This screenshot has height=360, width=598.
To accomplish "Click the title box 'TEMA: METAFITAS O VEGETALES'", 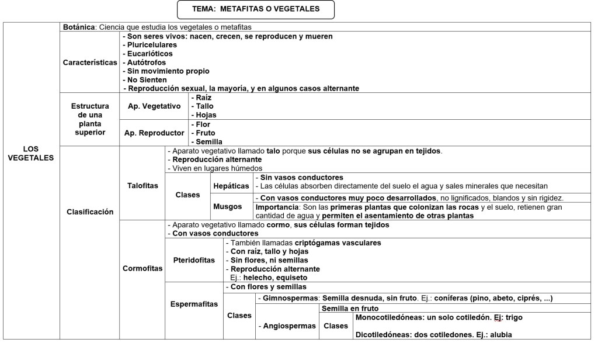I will click(256, 10).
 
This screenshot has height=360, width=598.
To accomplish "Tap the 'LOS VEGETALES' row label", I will click(31, 153).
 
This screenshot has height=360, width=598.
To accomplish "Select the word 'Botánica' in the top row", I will click(79, 27).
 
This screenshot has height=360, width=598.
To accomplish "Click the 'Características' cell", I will click(90, 63).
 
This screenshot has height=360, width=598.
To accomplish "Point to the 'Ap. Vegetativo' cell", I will click(154, 106).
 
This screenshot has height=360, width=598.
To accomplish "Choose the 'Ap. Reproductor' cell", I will click(154, 133).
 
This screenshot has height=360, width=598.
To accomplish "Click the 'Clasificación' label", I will click(90, 212).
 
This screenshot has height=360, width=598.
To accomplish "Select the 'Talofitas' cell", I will click(142, 185).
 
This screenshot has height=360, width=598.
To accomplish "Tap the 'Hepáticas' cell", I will click(231, 185).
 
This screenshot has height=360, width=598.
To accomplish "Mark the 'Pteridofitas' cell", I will click(194, 260).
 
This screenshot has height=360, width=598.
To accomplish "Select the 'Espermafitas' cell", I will click(194, 304).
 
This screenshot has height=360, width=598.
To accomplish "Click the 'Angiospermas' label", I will click(288, 326).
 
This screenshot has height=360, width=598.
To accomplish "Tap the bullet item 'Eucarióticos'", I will click(149, 53).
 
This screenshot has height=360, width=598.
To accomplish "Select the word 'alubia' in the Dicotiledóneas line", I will click(507, 335).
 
